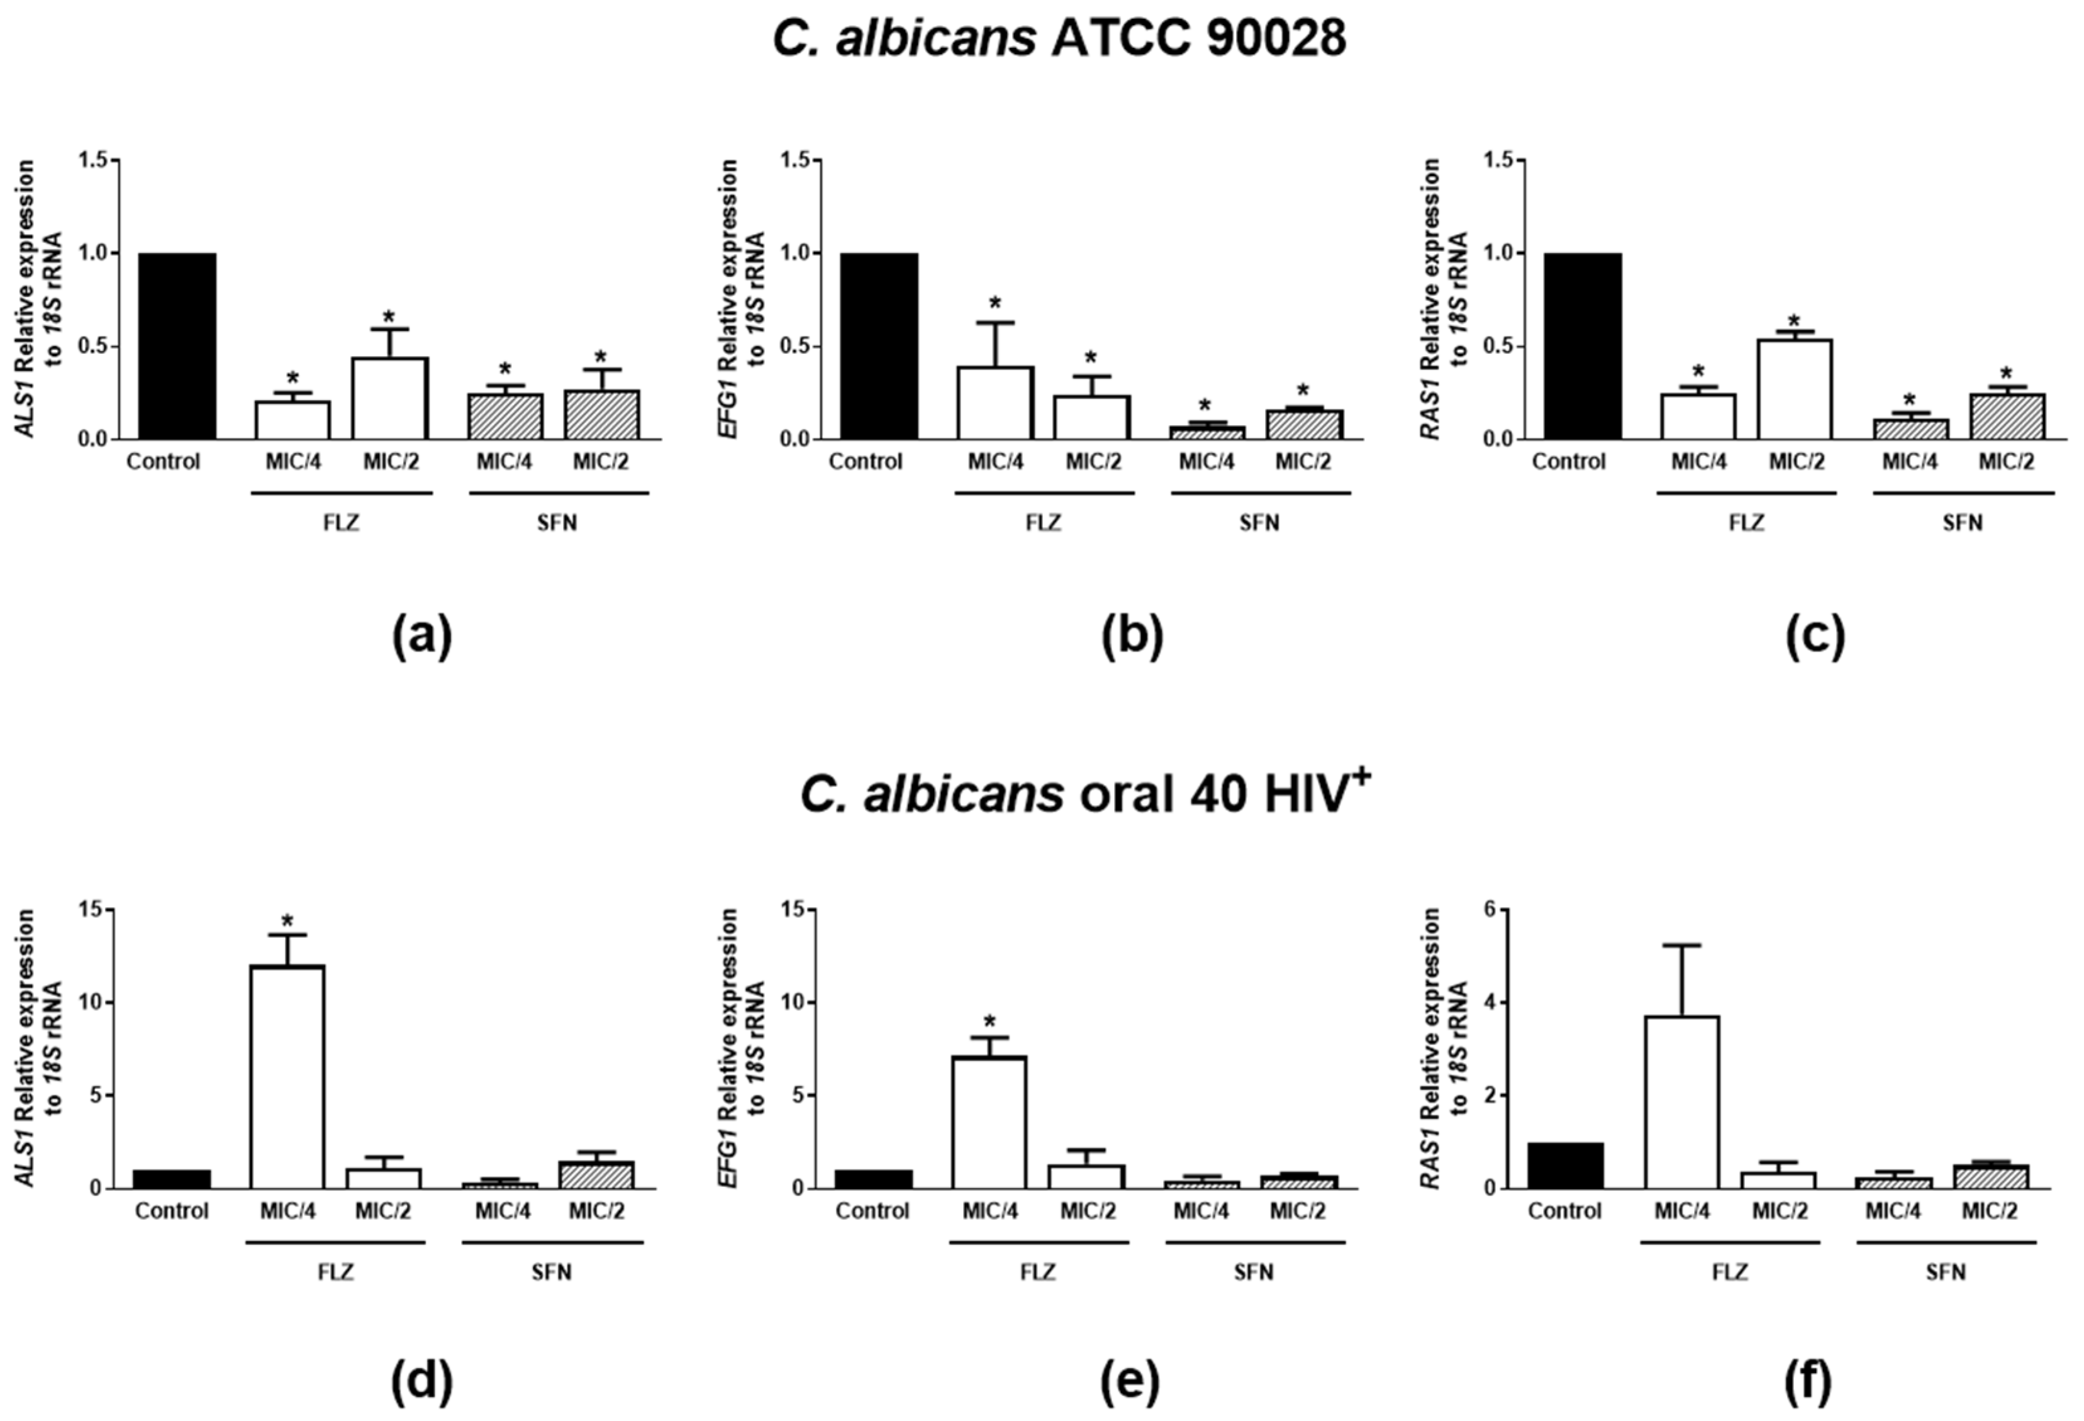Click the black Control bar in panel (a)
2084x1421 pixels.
click(177, 346)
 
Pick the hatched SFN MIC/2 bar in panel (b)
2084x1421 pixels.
click(1304, 425)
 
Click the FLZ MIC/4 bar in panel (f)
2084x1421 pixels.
click(1681, 1102)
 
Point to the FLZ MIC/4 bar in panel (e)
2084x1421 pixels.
click(989, 1122)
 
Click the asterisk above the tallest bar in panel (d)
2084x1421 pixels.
click(287, 922)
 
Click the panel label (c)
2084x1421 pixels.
click(1815, 637)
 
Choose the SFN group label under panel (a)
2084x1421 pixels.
click(557, 523)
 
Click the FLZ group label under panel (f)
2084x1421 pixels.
click(1730, 1272)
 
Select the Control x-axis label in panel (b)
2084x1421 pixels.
click(866, 462)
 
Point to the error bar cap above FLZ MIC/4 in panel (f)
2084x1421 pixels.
click(1681, 945)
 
